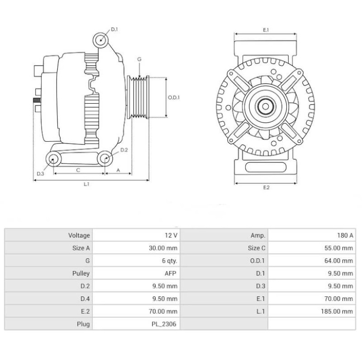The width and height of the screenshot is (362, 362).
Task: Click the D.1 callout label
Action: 114,29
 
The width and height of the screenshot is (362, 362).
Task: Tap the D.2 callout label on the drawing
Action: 124,149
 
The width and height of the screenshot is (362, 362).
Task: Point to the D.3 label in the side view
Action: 40,173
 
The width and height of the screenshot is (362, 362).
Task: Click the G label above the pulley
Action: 139,59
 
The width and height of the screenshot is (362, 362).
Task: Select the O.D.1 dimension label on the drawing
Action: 174,97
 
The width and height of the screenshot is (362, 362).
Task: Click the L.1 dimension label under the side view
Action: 86,184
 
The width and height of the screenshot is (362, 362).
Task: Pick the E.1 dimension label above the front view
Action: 266,30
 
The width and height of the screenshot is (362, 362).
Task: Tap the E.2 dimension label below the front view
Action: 266,188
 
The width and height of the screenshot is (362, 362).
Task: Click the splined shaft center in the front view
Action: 266,107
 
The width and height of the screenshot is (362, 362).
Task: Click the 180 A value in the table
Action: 345,235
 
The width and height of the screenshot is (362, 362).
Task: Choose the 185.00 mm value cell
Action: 339,311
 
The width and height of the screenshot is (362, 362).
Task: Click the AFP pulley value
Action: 171,273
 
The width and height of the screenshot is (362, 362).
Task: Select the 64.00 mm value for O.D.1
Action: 340,261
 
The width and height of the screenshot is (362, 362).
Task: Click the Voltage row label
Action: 79,235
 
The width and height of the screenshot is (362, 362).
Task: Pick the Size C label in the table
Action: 257,248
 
